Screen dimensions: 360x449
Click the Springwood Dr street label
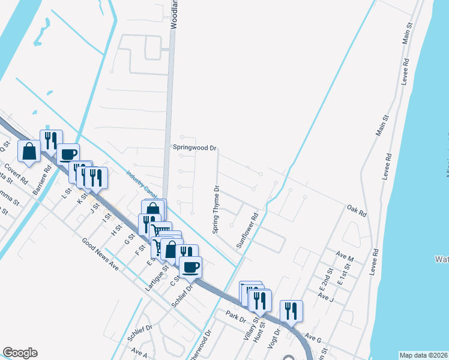194,148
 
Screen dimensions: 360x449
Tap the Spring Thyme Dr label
216,209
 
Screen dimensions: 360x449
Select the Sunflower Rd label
247,233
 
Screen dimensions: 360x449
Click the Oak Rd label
357,209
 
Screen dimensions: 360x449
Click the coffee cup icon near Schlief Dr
190,266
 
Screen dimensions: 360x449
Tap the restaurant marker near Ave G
291,310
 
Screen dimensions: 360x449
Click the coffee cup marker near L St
68,154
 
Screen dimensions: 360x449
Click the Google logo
20,353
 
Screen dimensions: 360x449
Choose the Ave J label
326,297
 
